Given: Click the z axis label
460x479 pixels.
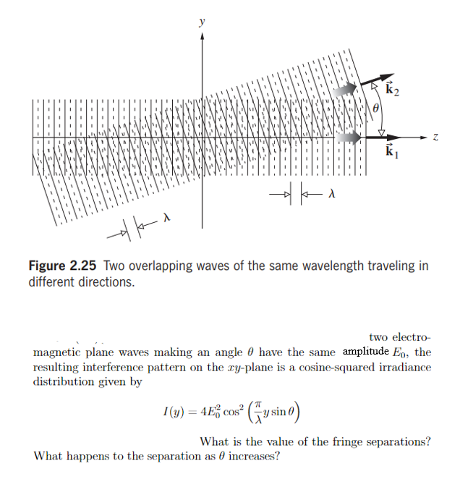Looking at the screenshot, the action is [435, 136].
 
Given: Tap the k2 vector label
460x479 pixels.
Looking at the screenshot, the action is [393, 90].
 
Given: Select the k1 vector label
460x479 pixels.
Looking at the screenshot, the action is [391, 152].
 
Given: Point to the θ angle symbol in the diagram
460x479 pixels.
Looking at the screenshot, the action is [375, 109].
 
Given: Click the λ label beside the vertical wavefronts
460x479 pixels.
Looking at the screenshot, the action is [332, 194].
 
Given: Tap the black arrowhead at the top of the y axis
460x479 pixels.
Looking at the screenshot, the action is [203, 35].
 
